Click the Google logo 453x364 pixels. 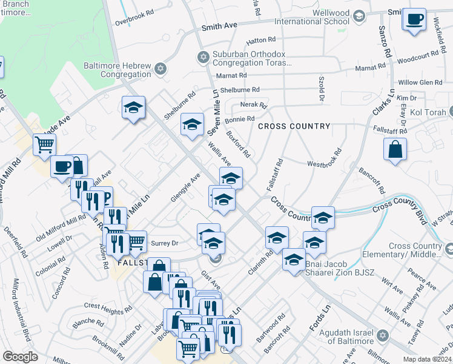(x=20, y=357)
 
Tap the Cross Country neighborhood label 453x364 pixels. (x=294, y=126)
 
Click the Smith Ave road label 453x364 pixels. (x=219, y=27)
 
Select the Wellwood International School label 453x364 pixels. (x=312, y=17)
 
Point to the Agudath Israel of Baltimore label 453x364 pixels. (x=340, y=336)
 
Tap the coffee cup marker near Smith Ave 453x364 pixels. (x=414, y=20)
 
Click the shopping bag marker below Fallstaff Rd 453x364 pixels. (x=395, y=149)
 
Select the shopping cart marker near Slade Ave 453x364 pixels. (x=45, y=145)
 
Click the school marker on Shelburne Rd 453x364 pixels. (x=134, y=107)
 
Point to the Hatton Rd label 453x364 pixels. (x=260, y=42)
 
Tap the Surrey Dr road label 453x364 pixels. (x=165, y=243)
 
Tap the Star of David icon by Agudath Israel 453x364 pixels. (x=382, y=335)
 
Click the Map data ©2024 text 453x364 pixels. (x=426, y=359)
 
